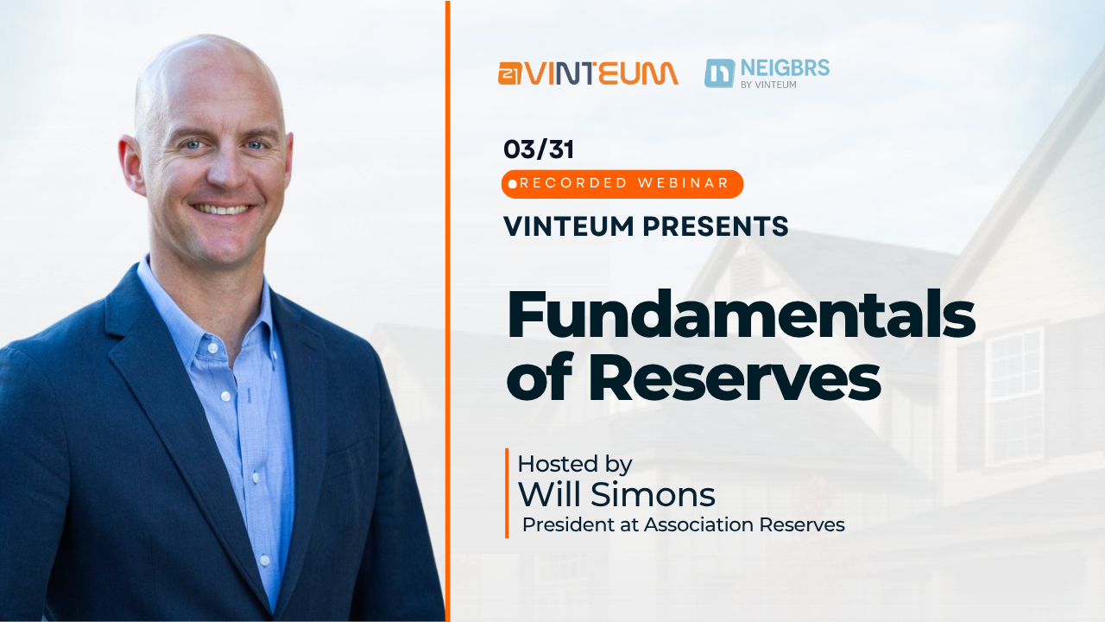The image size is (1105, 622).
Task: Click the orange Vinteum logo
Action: [x=588, y=73]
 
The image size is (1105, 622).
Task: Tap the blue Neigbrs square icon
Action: [x=720, y=73]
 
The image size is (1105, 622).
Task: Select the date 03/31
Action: [x=539, y=149]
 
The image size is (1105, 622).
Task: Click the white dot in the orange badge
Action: [x=513, y=184]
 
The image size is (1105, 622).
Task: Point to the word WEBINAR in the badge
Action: [x=683, y=183]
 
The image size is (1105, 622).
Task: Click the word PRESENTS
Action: [x=716, y=226]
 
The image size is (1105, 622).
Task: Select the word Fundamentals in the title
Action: [x=742, y=315]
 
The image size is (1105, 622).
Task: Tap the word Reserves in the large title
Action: [x=735, y=378]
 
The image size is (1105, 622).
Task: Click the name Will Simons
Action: [x=616, y=495]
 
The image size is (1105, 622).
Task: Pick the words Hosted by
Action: [x=575, y=464]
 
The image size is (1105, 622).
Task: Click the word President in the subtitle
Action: [x=568, y=524]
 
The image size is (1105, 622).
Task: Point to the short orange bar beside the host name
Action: [x=507, y=492]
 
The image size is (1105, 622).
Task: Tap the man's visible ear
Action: [x=130, y=165]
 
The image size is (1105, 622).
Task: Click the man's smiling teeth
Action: [x=222, y=209]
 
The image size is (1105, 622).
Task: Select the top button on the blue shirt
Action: [x=212, y=348]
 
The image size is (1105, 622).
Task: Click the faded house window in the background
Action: [x=1013, y=397]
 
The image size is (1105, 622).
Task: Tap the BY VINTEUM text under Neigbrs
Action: [x=768, y=85]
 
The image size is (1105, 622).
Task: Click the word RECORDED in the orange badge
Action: [x=574, y=183]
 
